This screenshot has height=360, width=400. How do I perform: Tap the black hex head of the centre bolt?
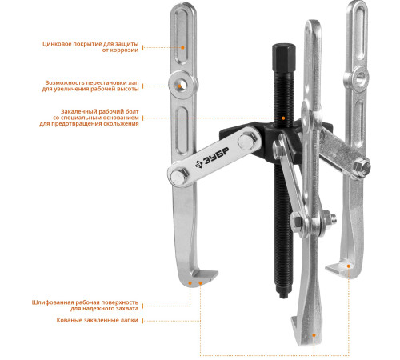click(x=284, y=58)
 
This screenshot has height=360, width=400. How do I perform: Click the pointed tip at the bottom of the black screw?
click(x=283, y=295)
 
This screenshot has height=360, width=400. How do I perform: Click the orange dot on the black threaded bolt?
click(x=283, y=118)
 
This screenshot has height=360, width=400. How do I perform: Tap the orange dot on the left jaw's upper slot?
click(x=182, y=47)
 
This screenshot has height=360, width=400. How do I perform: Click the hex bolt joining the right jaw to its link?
click(x=362, y=167)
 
